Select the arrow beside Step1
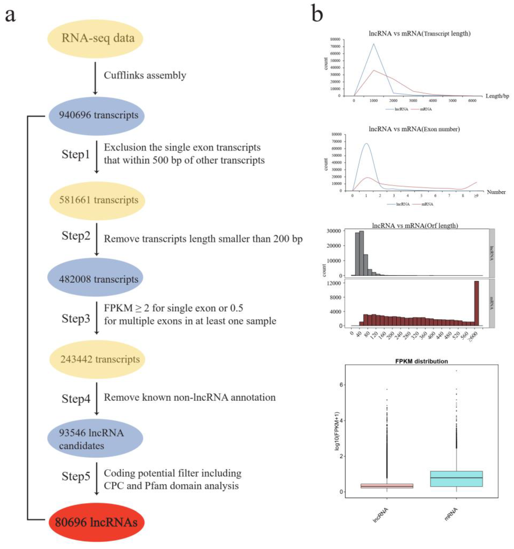click(96, 157)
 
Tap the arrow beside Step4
click(96, 398)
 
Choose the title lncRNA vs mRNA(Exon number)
click(414, 129)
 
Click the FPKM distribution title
click(422, 361)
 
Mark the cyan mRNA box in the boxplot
click(456, 479)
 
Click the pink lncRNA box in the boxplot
click(386, 486)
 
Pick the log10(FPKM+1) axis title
click(337, 431)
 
